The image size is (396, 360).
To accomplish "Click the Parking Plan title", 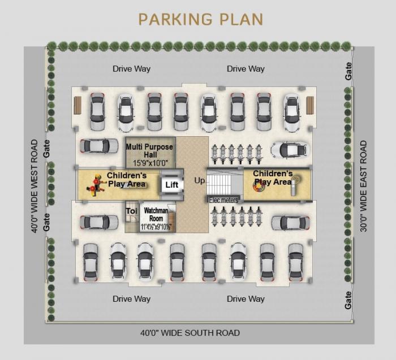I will click(201, 19).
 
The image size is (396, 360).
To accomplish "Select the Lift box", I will click(171, 185).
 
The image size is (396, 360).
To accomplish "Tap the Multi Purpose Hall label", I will click(149, 151).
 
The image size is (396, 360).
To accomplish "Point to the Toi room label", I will click(131, 212).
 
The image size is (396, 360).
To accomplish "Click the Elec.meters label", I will click(223, 200).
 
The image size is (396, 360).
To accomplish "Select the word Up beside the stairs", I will click(199, 181).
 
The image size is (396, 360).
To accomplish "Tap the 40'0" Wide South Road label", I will click(190, 333).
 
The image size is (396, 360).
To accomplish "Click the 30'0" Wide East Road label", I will click(364, 186).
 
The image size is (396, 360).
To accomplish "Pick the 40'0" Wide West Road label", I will click(35, 186).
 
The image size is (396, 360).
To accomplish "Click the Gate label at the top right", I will click(349, 71).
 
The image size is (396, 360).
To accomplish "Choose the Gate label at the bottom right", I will click(348, 300).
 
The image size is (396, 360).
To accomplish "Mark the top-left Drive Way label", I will click(131, 69).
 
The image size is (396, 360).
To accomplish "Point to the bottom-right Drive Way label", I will click(246, 299).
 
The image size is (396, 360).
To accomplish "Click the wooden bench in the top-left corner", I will click(78, 105).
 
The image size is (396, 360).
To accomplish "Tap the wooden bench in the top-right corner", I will click(310, 105).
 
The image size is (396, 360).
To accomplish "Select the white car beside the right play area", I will click(290, 150).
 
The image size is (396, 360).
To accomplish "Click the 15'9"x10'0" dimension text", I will click(149, 163).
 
